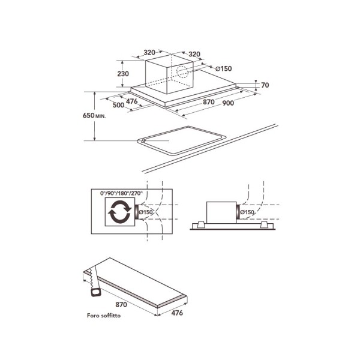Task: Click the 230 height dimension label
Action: pos(123,74)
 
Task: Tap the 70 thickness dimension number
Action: pos(265,85)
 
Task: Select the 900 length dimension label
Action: pos(228,103)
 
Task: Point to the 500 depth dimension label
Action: pos(118,105)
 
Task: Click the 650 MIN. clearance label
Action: pos(94,115)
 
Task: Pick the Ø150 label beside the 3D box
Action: pos(224,68)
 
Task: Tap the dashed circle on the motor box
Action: pos(182,71)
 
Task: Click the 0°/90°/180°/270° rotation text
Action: pos(121,193)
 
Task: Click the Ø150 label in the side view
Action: pos(247,212)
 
